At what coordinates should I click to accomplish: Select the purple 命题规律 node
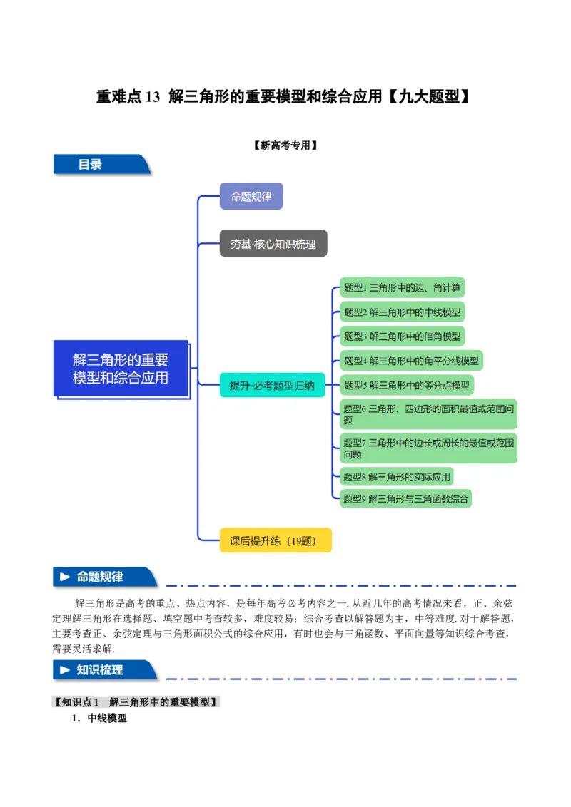tap(251, 196)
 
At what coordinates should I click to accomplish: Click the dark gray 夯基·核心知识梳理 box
tap(273, 244)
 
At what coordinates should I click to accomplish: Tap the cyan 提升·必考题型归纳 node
tap(272, 386)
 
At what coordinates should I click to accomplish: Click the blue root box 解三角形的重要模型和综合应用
tap(121, 369)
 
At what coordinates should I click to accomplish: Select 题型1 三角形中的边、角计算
tap(402, 288)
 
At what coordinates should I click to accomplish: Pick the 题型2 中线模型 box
tap(403, 312)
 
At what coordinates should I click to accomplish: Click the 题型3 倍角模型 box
tap(403, 336)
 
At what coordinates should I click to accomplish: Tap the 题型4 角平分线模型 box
tap(411, 361)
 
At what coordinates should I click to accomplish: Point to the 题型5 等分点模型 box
tap(406, 386)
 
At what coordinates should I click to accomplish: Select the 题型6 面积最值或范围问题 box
tap(428, 414)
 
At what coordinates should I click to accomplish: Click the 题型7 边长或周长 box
tap(428, 448)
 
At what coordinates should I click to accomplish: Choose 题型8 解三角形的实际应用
tap(397, 477)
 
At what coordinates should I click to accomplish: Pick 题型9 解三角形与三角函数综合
tap(405, 498)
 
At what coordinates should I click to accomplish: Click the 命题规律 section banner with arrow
tap(104, 577)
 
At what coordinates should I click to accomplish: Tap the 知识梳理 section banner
tap(104, 670)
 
